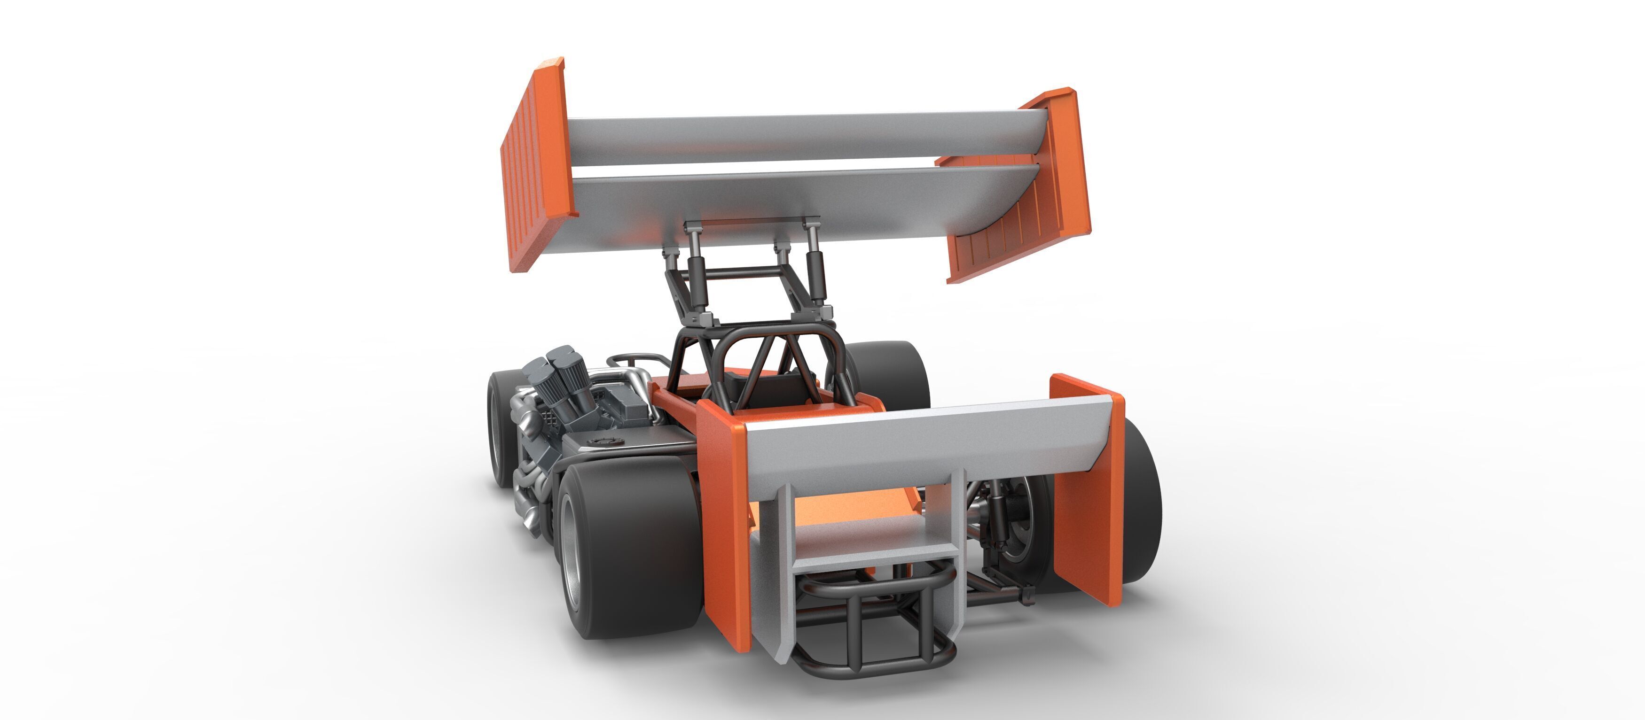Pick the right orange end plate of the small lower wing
[1086, 491]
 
